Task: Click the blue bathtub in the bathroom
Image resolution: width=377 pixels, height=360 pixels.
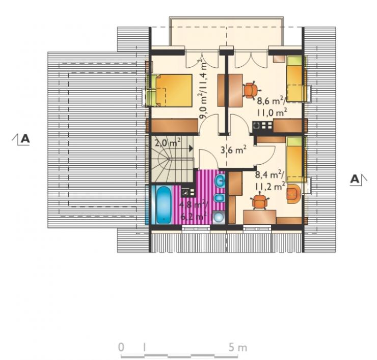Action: pos(164,205)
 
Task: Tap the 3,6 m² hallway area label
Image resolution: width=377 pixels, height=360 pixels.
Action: pos(233,150)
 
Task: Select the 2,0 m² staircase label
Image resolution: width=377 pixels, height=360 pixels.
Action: pos(168,143)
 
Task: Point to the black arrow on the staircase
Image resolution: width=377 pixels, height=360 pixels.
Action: pos(191,148)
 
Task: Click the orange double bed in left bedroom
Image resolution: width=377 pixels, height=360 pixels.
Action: pos(174,90)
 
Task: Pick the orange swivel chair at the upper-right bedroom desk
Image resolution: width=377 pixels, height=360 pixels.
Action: pos(251,90)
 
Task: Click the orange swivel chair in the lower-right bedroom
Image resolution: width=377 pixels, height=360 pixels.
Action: pos(260,201)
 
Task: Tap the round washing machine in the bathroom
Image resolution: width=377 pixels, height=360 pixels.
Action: pos(219,218)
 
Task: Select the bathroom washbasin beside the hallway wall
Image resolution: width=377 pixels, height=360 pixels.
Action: pos(220,181)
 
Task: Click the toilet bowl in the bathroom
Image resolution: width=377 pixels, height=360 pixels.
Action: pos(220,198)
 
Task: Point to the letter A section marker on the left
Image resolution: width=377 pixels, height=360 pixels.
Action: pos(25,139)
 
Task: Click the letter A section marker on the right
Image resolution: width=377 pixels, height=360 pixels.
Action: pos(355,179)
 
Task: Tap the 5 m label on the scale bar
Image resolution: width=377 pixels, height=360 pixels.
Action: pos(238,347)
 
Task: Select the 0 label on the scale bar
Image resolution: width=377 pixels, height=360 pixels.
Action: pos(121,347)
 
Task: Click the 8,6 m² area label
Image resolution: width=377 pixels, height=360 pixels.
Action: pos(272,101)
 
